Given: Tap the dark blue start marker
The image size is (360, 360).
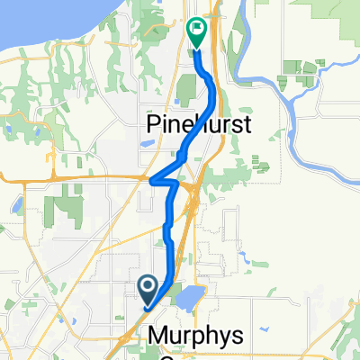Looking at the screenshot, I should tap(148, 287).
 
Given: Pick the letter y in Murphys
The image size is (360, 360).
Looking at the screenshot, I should tap(229, 339).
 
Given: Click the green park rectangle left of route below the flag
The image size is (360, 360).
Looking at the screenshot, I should tap(187, 88).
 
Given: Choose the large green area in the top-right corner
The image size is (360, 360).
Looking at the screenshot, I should tap(333, 13).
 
